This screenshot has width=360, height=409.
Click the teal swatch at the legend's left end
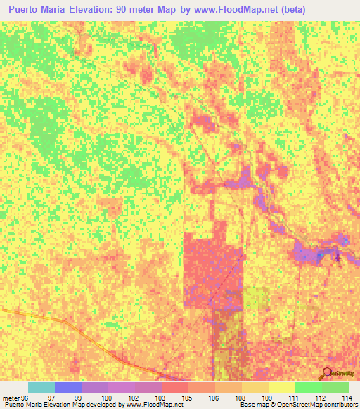point(41,387)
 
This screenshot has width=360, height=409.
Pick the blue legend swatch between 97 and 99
point(68,387)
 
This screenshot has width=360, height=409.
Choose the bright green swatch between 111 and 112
point(308,387)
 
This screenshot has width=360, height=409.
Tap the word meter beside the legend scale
point(10,397)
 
